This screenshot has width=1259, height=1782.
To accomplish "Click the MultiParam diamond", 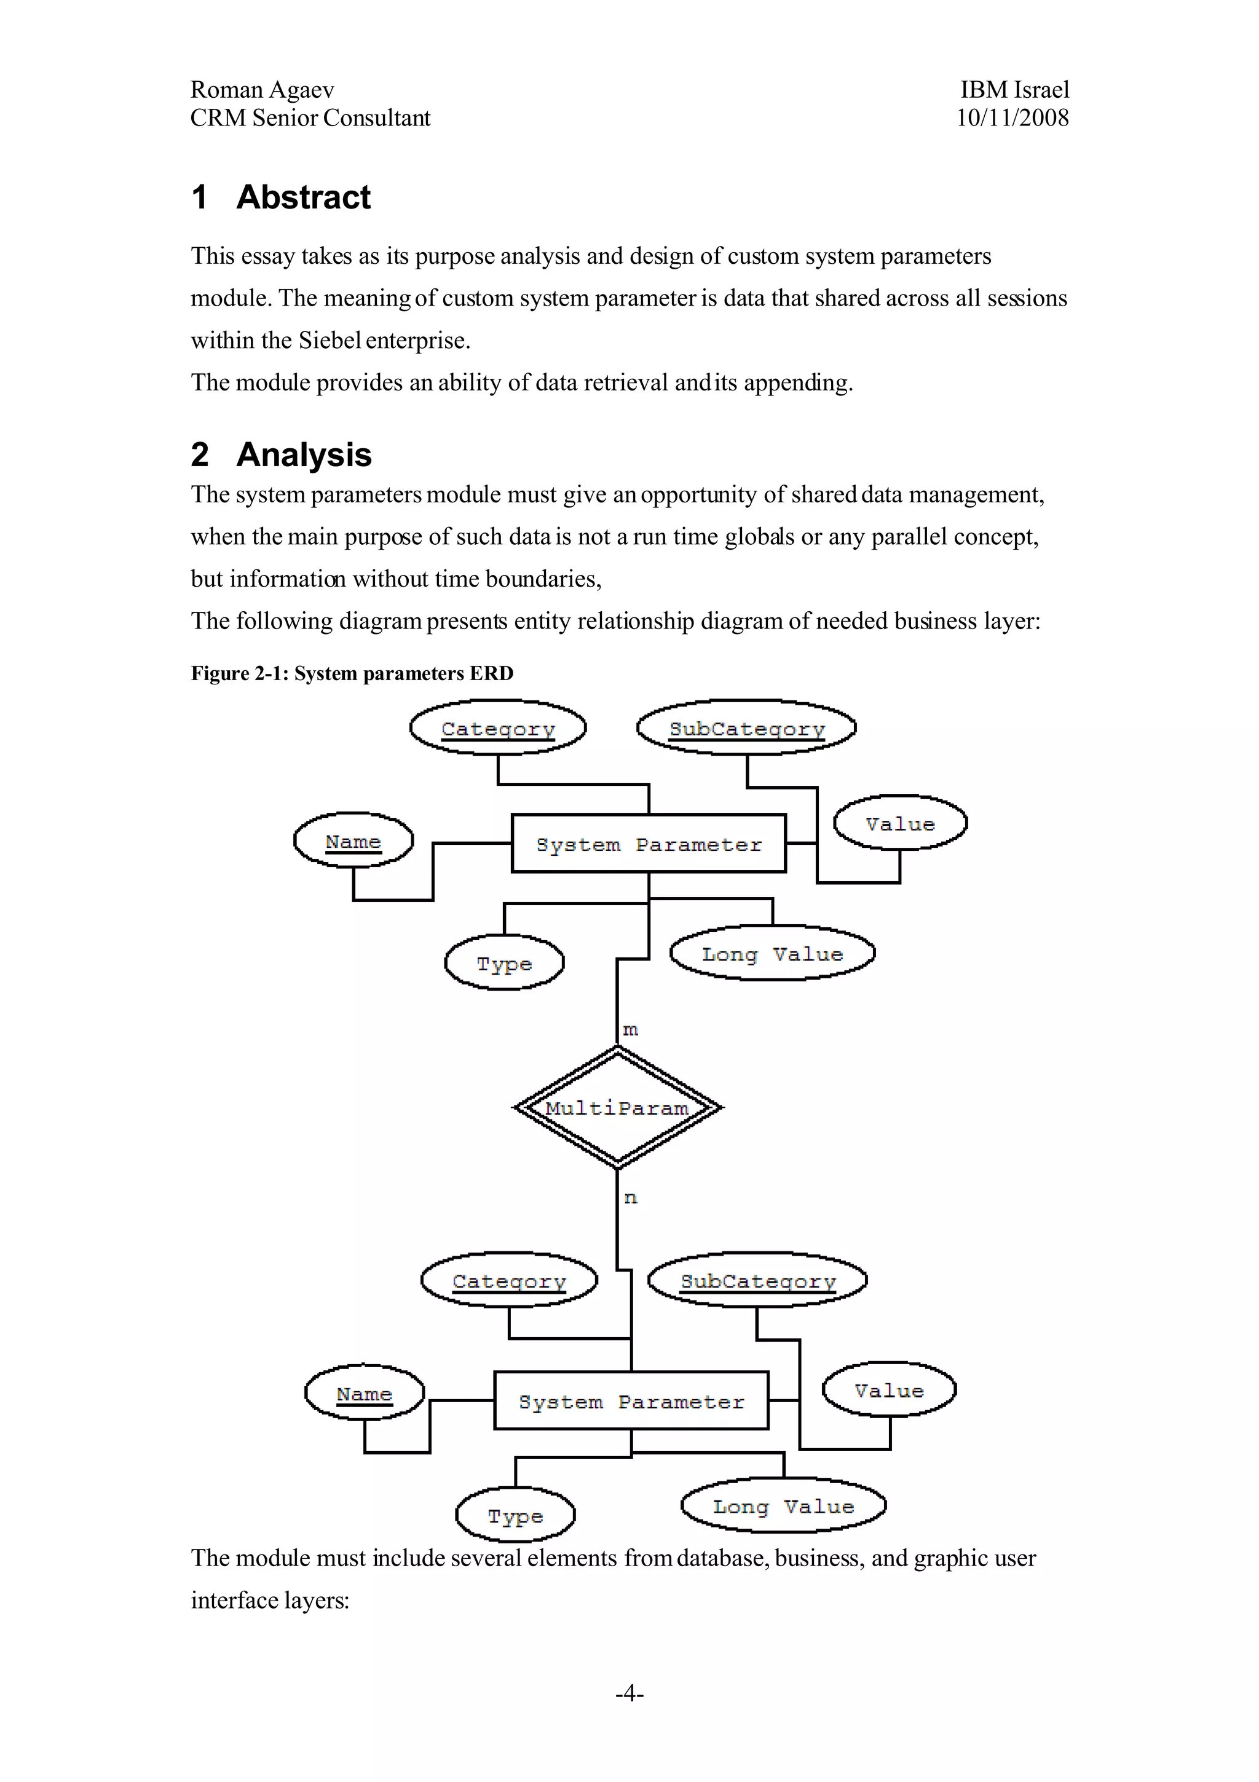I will pyautogui.click(x=617, y=1107).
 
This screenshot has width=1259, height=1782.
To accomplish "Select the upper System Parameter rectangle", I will pyautogui.click(x=649, y=844).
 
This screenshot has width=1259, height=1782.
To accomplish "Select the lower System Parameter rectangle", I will pyautogui.click(x=631, y=1401).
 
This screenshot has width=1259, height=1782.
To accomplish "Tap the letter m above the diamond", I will pyautogui.click(x=630, y=1030).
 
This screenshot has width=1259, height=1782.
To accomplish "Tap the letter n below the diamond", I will pyautogui.click(x=630, y=1198).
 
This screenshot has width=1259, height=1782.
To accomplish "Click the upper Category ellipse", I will pyautogui.click(x=498, y=728).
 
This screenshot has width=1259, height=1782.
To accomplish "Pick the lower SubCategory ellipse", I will pyautogui.click(x=757, y=1281).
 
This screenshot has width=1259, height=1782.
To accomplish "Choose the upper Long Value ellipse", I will pyautogui.click(x=772, y=954).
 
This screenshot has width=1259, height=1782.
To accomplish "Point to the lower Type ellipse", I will pyautogui.click(x=515, y=1516).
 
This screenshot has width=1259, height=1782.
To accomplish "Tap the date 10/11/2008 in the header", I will pyautogui.click(x=1012, y=118).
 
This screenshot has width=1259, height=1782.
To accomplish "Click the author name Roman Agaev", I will pyautogui.click(x=262, y=90).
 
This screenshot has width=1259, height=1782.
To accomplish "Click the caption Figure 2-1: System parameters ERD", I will pyautogui.click(x=352, y=674).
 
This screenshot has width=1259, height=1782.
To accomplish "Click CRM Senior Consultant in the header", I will pyautogui.click(x=310, y=118).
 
